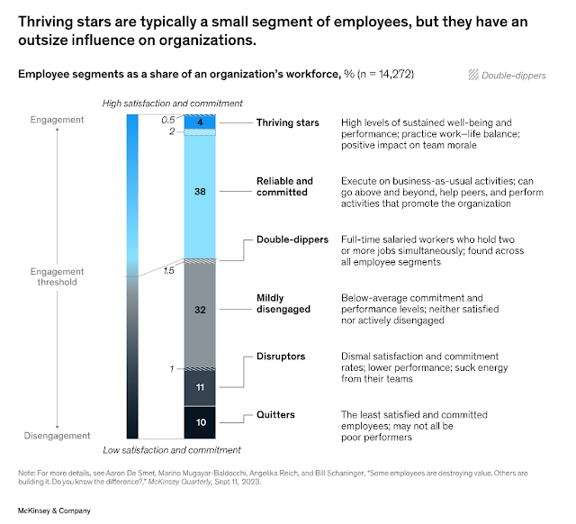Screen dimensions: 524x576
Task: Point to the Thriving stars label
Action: coord(287,122)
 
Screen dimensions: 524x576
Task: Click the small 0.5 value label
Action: coord(168,120)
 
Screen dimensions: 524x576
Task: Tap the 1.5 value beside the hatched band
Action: coord(168,269)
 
